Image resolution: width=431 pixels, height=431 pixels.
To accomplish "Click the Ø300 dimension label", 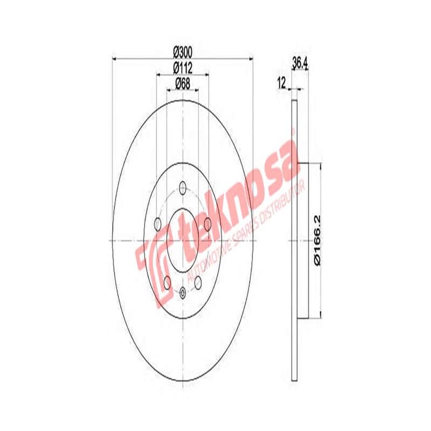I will point(183,51).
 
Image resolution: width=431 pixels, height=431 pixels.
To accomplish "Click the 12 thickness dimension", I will point(281,82).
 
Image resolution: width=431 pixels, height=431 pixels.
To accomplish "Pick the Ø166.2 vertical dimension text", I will point(318,240).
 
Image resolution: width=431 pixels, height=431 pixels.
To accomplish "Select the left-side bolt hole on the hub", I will point(157,223).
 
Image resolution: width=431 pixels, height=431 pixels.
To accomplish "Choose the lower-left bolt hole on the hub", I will point(168,281).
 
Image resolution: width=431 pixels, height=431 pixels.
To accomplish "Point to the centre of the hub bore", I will point(183,240).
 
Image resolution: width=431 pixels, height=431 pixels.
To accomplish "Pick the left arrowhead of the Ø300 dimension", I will point(114,57).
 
